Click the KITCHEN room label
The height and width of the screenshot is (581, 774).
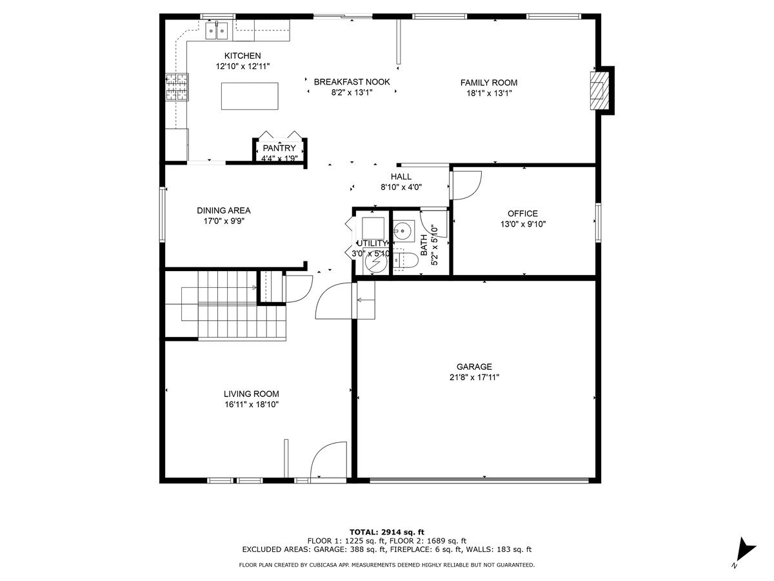coord(243,56)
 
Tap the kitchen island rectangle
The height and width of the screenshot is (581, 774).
coord(250,96)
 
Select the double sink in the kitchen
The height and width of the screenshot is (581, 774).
coord(217,31)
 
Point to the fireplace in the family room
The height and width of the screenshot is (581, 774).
coord(600,90)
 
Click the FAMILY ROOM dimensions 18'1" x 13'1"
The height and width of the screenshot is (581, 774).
coord(489,93)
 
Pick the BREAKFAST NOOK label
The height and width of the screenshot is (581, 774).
coord(352,82)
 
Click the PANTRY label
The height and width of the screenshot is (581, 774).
coord(279,148)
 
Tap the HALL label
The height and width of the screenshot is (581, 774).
coord(401,176)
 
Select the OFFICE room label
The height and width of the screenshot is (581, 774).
coord(522,214)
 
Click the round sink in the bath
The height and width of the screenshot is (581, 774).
coord(403,231)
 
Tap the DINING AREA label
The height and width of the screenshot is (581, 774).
coord(224,210)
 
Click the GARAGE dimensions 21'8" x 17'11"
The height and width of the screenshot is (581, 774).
coord(474,378)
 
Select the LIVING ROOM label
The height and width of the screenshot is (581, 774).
coord(252,394)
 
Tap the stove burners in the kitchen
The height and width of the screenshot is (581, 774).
coord(177,87)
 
